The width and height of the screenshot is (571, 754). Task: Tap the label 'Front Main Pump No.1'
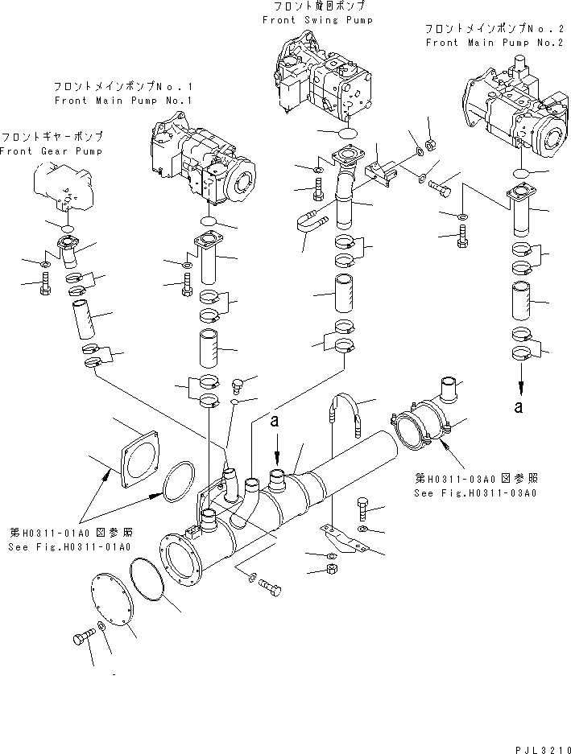[123, 101]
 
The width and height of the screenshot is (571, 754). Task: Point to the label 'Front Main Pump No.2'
[494, 43]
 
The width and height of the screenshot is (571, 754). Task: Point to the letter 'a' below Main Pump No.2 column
[519, 408]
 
